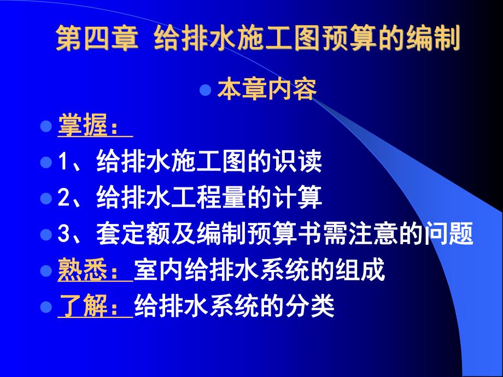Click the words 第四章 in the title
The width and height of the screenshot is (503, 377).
point(96,39)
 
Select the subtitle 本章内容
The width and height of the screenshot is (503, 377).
point(267,91)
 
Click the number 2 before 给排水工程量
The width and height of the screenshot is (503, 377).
point(62,198)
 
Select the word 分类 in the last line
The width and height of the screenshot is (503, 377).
point(315,307)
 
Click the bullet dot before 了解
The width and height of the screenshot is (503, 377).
point(46,307)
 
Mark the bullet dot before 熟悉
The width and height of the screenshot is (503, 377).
point(46,270)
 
